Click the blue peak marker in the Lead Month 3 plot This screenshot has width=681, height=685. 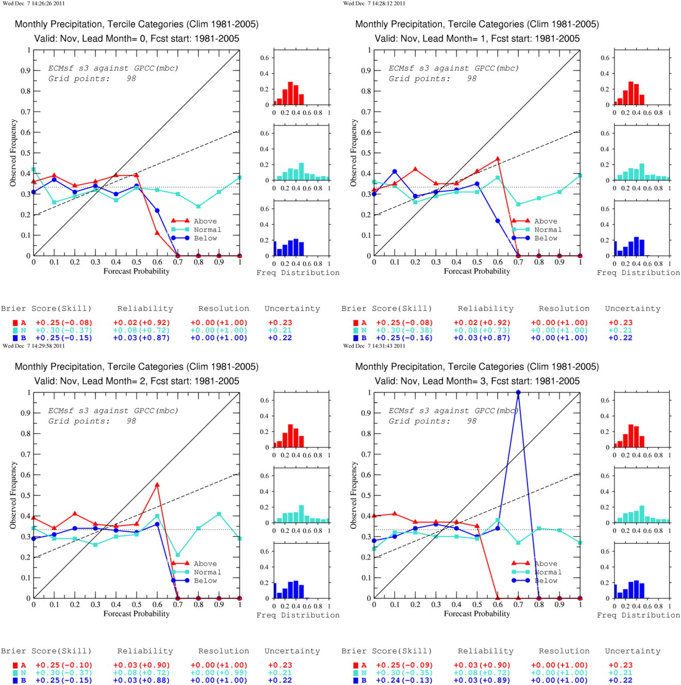click(x=518, y=392)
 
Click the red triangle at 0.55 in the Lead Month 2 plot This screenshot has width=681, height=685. click(x=157, y=485)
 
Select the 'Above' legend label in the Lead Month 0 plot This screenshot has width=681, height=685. click(x=205, y=221)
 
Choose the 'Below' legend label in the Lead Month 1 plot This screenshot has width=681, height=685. click(x=546, y=238)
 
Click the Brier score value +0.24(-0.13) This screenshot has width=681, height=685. click(x=404, y=680)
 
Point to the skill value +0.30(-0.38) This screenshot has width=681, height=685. click(x=404, y=330)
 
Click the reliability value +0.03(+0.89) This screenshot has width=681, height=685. click(x=482, y=680)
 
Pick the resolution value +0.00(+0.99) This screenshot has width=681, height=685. click(x=219, y=673)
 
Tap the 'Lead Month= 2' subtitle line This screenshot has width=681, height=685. click(x=137, y=381)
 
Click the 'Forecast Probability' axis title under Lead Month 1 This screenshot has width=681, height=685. click(x=477, y=271)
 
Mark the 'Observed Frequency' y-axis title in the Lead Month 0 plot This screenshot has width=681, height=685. click(x=13, y=153)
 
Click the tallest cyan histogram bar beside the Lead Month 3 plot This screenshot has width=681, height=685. click(x=642, y=514)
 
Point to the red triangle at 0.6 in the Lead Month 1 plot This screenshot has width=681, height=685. click(x=498, y=159)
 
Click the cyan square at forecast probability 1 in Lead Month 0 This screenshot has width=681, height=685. click(x=240, y=177)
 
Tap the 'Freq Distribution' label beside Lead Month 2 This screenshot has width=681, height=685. click(x=298, y=615)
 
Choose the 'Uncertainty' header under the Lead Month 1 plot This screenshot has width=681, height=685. click(x=633, y=309)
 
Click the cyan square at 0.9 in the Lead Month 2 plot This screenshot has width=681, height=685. click(x=219, y=514)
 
